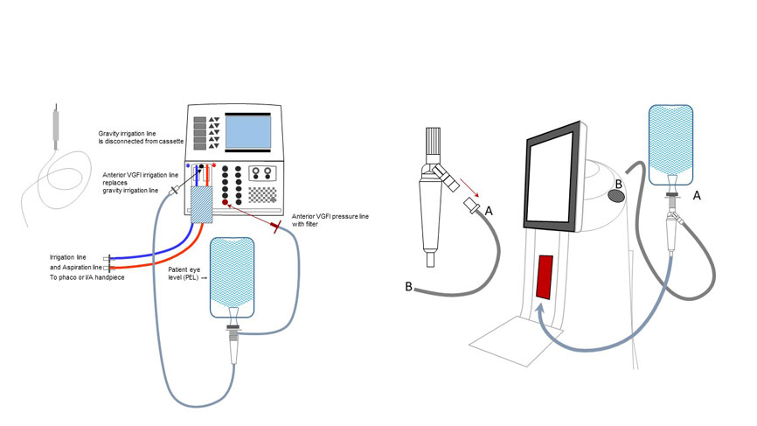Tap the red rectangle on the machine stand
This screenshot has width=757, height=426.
coord(544,276)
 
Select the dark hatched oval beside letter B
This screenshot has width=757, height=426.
coord(616,196)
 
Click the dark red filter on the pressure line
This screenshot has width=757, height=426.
coord(276,226)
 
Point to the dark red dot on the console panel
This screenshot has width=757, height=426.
coord(225,202)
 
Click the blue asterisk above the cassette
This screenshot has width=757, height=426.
coord(188,166)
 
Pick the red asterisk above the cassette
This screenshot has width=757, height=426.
coord(214,165)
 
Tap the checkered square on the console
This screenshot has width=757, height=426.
coord(262,195)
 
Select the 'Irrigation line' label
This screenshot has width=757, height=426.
coord(67,257)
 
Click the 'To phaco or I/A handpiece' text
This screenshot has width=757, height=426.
coord(87,277)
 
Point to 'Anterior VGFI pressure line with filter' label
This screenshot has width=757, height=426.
coord(330,220)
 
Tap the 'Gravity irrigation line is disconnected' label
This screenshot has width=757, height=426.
coord(141,137)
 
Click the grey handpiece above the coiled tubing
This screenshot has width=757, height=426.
coord(56,127)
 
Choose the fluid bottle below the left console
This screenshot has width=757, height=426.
coord(233,277)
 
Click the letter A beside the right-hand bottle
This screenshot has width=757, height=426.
coord(697,196)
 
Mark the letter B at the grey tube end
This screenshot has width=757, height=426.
coord(408,287)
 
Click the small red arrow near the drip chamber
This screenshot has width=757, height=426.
coord(469,188)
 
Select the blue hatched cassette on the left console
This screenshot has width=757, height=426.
coord(202,205)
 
